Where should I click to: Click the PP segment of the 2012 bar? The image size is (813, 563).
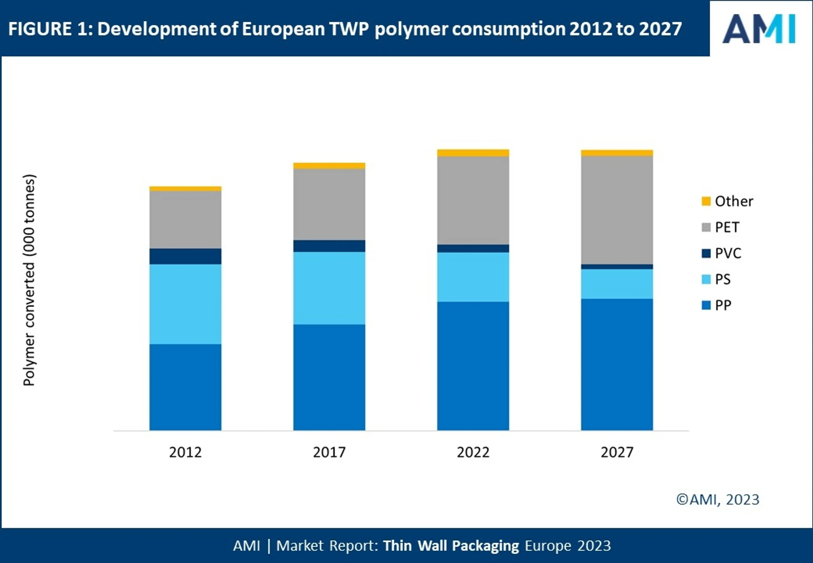point(185,387)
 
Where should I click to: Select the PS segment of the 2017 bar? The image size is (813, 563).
point(329,288)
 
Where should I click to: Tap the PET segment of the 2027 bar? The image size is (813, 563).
point(617,210)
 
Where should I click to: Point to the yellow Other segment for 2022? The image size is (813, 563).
point(473,153)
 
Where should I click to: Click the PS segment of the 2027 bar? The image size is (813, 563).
point(617,284)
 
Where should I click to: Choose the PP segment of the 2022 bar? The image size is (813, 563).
point(473,366)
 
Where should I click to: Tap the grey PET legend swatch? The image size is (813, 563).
point(706,227)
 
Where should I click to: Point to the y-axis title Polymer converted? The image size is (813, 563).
point(29,280)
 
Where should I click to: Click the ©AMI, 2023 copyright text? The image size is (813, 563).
point(718,499)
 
